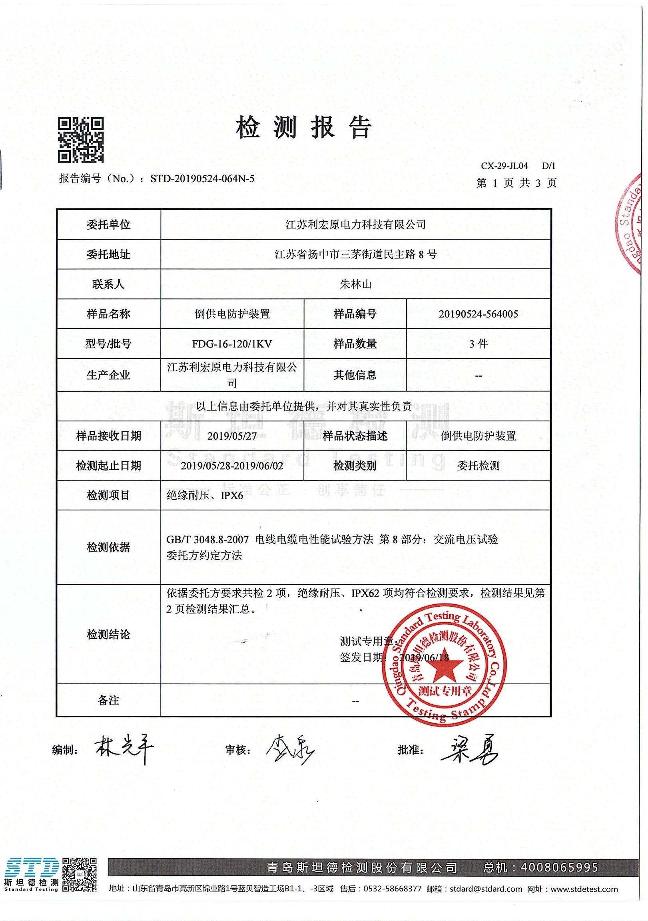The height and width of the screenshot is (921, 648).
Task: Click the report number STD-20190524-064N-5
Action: point(202,179)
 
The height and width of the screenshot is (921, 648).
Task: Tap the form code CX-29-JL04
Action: point(504,166)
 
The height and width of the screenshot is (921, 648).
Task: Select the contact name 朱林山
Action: point(355,284)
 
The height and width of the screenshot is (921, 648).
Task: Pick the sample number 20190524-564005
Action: point(478,314)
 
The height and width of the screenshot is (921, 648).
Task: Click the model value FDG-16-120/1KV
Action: point(232,344)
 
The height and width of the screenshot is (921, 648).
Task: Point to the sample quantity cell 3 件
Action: point(478,344)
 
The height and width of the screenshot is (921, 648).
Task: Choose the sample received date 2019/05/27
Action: point(232,436)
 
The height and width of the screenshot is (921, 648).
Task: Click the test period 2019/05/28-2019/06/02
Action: point(232,466)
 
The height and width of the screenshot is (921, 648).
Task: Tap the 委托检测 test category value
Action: point(478,466)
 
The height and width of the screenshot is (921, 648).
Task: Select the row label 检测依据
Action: point(108,547)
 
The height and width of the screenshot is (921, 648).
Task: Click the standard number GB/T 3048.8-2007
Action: point(207,540)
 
